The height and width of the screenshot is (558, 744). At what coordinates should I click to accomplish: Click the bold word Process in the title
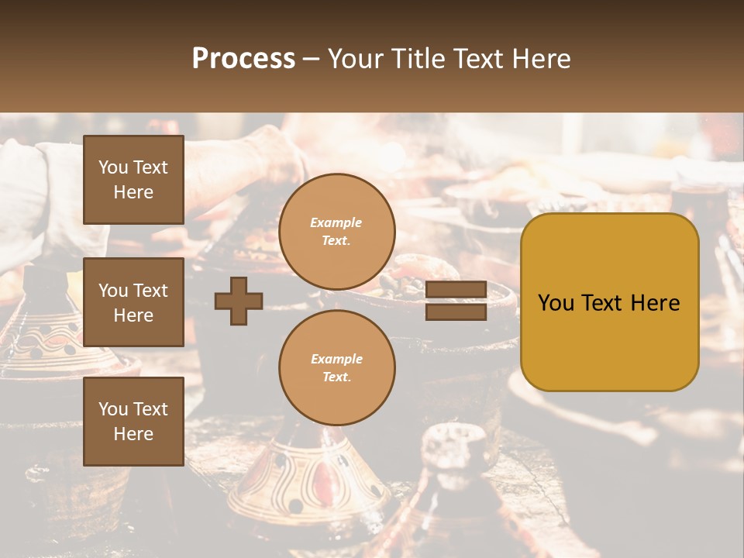coord(243,59)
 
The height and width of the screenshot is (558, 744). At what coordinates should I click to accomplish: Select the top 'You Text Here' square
coord(133,180)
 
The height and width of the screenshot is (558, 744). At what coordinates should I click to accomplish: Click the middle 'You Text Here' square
coord(133,302)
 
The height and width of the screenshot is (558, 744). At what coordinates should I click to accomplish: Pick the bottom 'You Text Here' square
coord(133,422)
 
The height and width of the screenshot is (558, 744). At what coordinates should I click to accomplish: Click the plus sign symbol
coord(239,301)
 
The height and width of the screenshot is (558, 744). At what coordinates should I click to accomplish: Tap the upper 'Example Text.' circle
coord(336,231)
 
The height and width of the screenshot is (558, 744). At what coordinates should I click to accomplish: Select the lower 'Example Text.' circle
coord(336,367)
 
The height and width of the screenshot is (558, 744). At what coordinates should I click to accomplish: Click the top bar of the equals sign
coord(456,290)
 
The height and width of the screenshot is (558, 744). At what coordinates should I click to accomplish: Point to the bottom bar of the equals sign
coord(456,312)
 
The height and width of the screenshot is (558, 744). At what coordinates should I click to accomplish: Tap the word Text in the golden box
coord(601,302)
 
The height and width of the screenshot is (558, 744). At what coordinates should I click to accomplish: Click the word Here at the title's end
coord(541,59)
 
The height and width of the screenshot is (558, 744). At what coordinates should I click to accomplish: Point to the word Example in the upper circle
coord(336,222)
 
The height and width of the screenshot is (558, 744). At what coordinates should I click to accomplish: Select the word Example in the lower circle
coord(336,359)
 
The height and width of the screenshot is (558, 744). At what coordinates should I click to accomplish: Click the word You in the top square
coord(113,167)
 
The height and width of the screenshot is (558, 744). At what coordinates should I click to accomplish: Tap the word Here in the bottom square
coord(133,434)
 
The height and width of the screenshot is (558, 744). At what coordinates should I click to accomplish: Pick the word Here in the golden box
coord(656,302)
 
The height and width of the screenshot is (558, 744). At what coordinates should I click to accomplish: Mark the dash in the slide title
coord(311,59)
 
